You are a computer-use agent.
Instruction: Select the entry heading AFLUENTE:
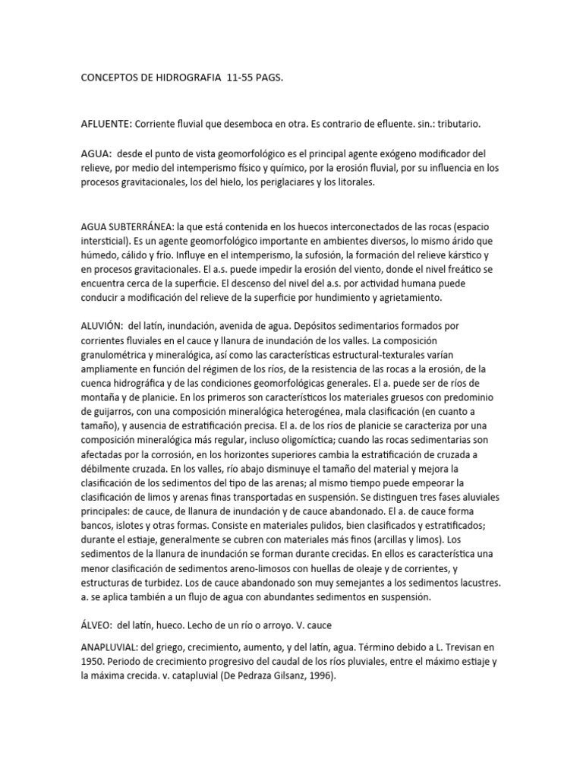pyautogui.click(x=108, y=123)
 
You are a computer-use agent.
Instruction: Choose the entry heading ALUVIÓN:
pyautogui.click(x=103, y=326)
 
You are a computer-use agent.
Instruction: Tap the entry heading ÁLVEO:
pyautogui.click(x=96, y=626)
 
